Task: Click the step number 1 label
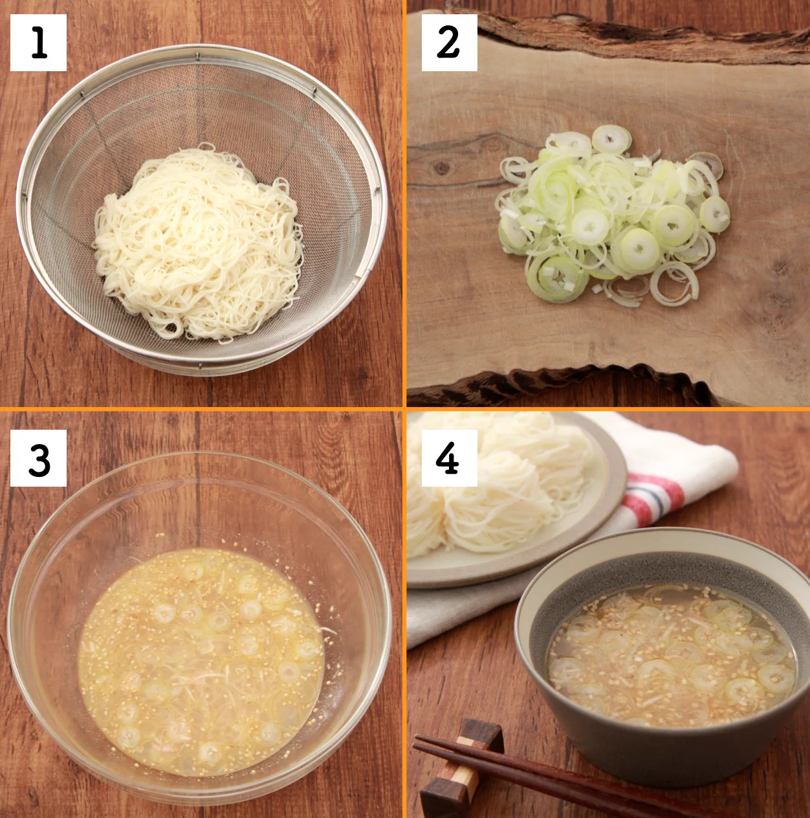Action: pos(38,43)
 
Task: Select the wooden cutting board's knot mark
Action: pos(443,168)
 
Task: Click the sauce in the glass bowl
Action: pos(201,660)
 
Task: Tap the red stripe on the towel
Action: pos(653,492)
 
